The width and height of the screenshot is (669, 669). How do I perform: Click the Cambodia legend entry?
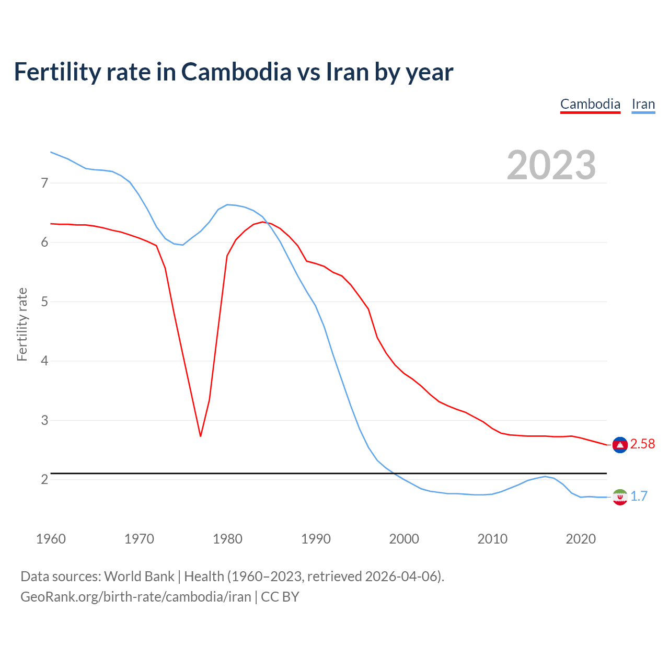[590, 104]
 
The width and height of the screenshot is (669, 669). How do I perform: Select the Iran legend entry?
[643, 104]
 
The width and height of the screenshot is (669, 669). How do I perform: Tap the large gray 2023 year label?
[551, 165]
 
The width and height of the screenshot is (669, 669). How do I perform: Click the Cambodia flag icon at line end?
[620, 444]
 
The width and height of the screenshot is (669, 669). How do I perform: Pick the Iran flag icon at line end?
[620, 497]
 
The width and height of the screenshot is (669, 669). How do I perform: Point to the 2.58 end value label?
[642, 444]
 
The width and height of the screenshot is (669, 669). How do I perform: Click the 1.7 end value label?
[639, 496]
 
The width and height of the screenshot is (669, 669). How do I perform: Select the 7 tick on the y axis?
[44, 183]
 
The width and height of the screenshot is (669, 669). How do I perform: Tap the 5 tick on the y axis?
[44, 302]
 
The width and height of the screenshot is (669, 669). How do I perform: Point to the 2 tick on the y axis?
[44, 479]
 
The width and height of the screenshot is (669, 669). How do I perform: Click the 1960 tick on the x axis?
[51, 539]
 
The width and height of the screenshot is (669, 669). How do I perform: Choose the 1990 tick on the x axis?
[316, 539]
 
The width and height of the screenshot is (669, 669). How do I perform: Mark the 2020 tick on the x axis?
[581, 539]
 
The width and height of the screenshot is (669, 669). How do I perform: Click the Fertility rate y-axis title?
[22, 324]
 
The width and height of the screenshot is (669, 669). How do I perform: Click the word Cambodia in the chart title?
[236, 72]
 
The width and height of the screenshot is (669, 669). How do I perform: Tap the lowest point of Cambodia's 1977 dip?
[200, 436]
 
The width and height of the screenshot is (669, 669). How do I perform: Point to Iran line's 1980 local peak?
[227, 204]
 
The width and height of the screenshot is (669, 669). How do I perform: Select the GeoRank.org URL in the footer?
[136, 597]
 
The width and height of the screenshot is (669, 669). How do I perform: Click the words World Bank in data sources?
[139, 576]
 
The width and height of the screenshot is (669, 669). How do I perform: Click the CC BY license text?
[280, 597]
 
